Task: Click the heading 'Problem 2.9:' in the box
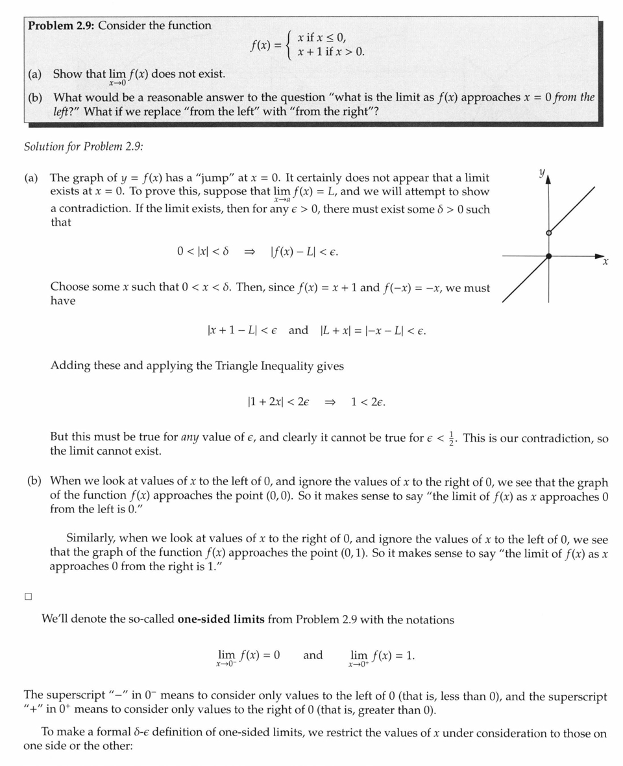point(61,26)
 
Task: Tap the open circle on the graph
point(548,233)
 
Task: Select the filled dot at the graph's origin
point(548,256)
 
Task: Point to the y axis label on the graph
point(541,173)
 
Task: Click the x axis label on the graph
point(605,262)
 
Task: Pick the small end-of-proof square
point(28,597)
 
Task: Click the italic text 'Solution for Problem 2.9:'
point(83,146)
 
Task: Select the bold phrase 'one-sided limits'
point(221,619)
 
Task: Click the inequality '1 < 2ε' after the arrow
point(367,402)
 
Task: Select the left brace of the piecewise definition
point(289,45)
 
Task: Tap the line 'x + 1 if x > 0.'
point(331,52)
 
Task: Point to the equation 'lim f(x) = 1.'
point(381,656)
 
